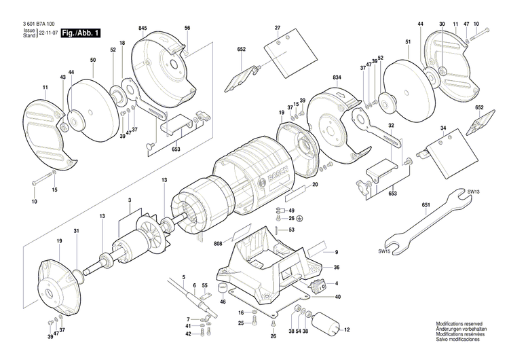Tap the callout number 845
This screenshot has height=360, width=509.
pyautogui.click(x=143, y=27)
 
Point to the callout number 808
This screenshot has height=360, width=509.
pyautogui.click(x=219, y=243)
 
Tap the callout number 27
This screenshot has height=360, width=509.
pyautogui.click(x=278, y=27)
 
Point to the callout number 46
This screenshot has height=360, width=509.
pyautogui.click(x=223, y=301)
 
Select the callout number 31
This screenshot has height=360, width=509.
pyautogui.click(x=76, y=232)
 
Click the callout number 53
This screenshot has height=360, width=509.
pyautogui.click(x=291, y=230)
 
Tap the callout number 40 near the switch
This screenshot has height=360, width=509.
pyautogui.click(x=337, y=296)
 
